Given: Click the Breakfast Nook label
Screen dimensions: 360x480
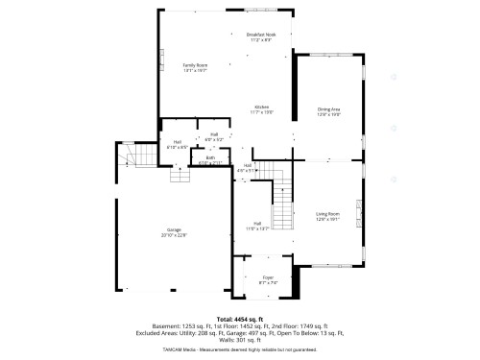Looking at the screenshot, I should click(261, 36).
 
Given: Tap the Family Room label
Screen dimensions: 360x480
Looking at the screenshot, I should click(195, 64).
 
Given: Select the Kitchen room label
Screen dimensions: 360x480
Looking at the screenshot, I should click(262, 107).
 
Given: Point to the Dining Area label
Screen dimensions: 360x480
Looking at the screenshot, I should click(329, 110).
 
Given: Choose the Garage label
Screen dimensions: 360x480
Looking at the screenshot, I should click(175, 229).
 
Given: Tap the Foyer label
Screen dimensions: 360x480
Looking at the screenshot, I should click(268, 278).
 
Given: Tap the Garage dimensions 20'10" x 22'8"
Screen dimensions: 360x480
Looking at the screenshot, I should click(175, 234).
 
